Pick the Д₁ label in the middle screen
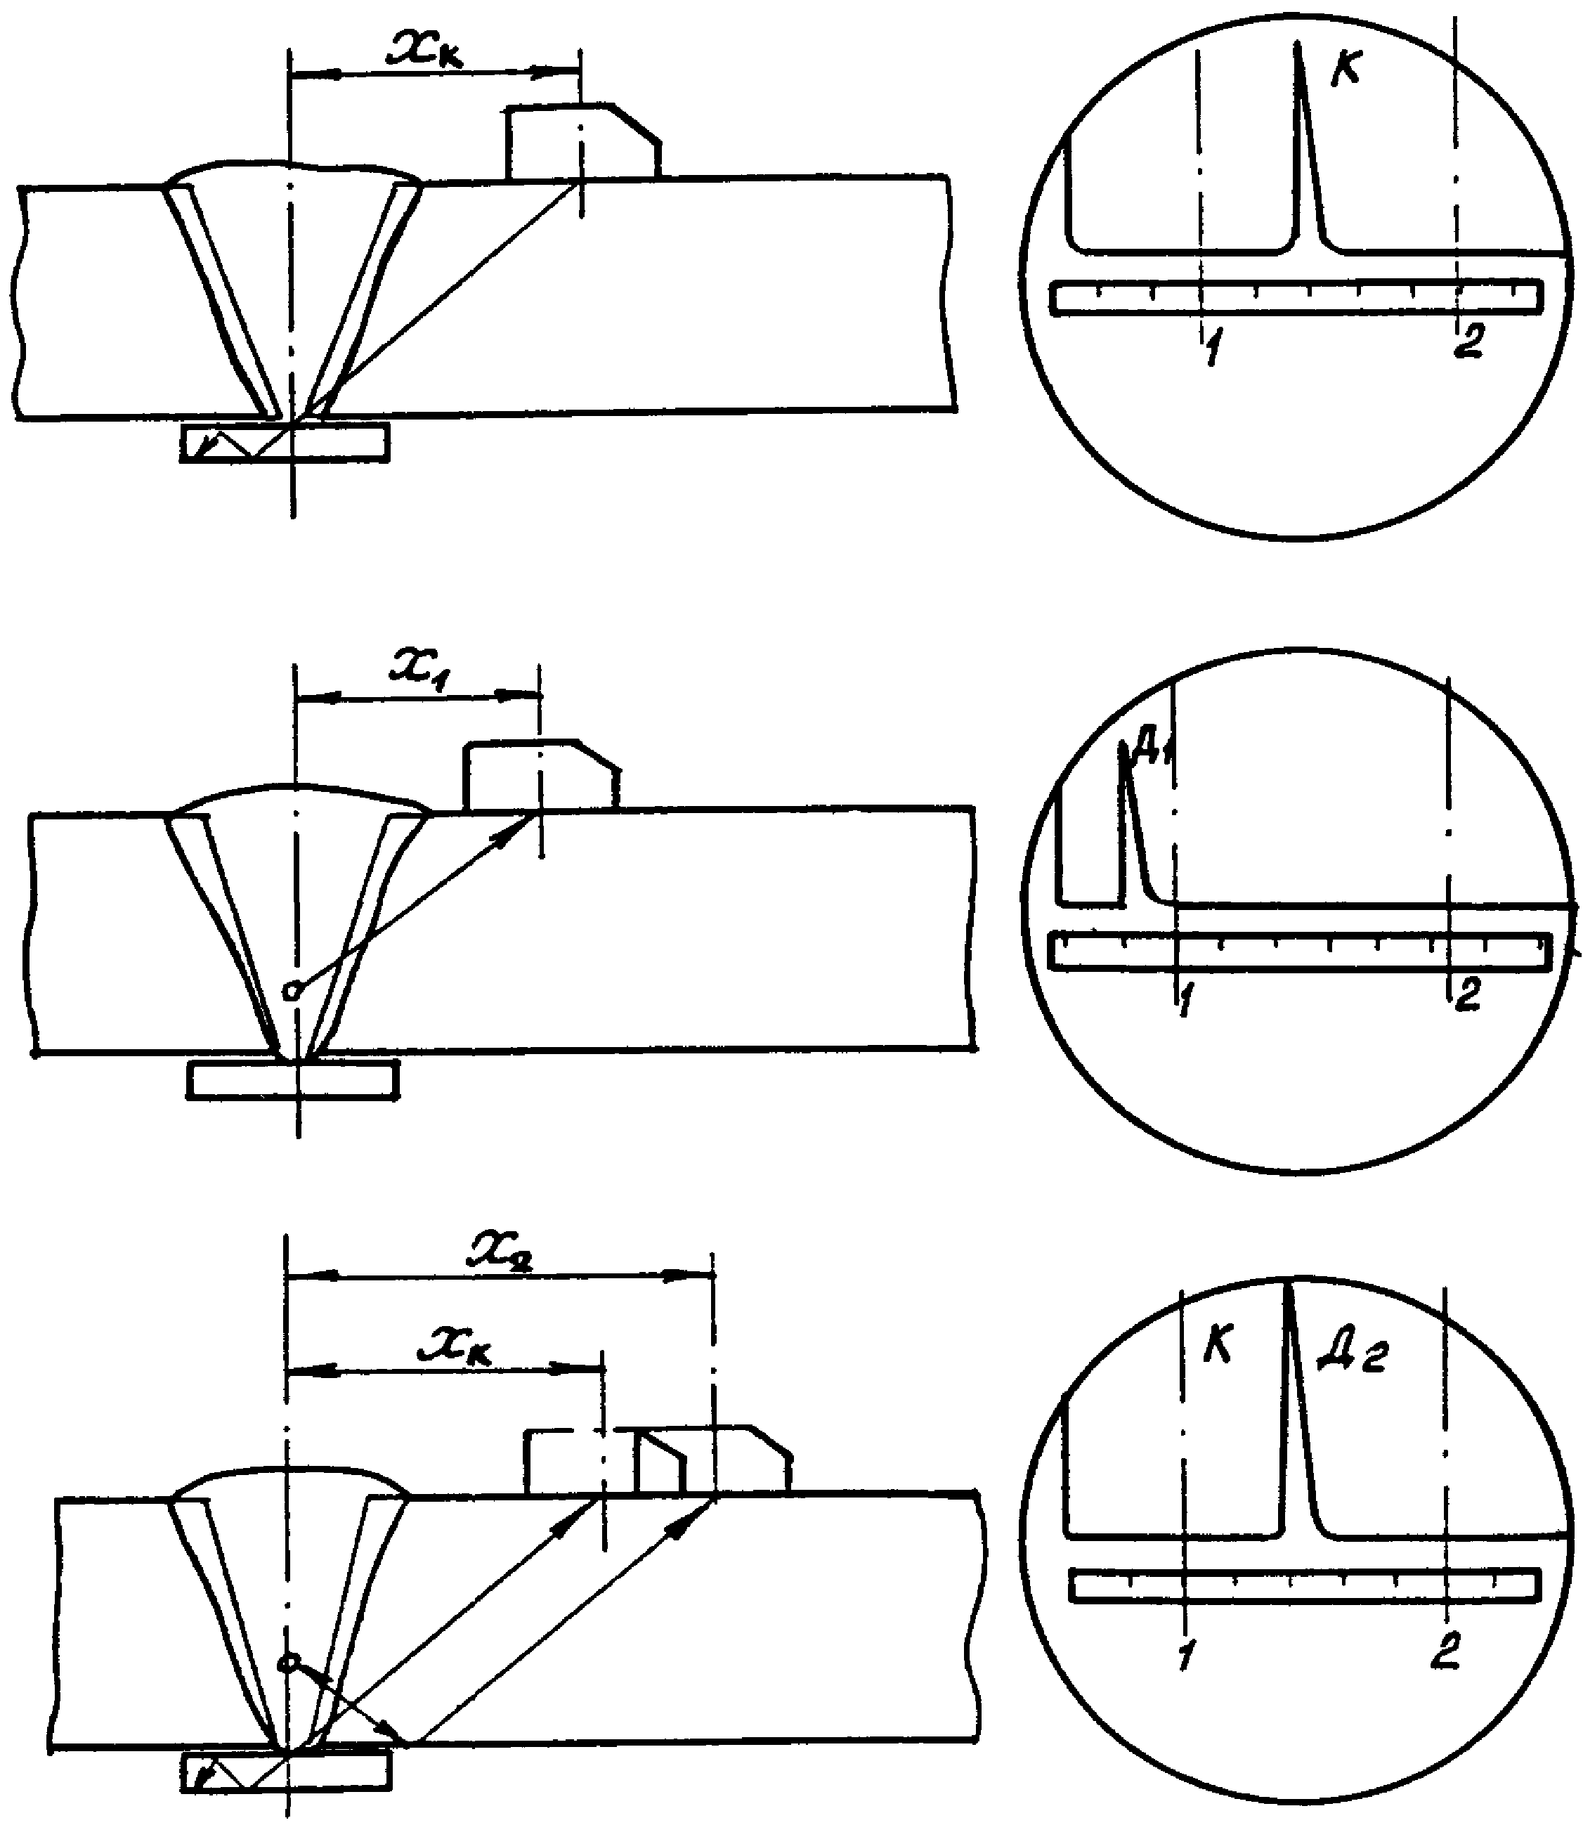point(1152,750)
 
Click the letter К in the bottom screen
point(1219,1348)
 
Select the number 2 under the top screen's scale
point(1468,341)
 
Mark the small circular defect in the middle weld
point(292,992)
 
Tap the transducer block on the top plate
point(583,141)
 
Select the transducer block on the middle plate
point(540,774)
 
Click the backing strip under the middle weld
point(292,1079)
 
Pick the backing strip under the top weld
point(285,442)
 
